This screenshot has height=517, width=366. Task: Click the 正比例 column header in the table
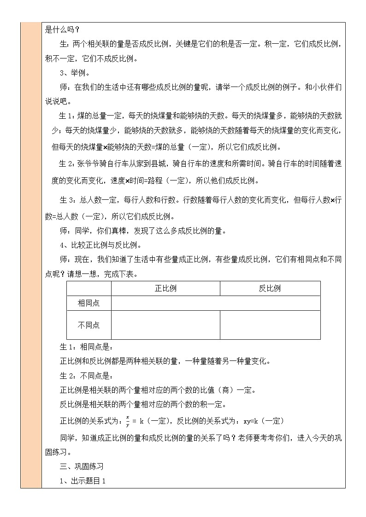pos(165,289)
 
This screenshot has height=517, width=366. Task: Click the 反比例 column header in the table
pos(270,289)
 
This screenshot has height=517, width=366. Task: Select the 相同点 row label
pos(89,303)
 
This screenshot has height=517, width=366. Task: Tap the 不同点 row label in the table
pos(89,325)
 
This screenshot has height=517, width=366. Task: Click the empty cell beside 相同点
pos(215,303)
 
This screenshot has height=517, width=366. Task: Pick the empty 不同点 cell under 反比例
pos(270,325)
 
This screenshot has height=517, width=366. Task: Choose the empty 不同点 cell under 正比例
pos(165,325)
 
